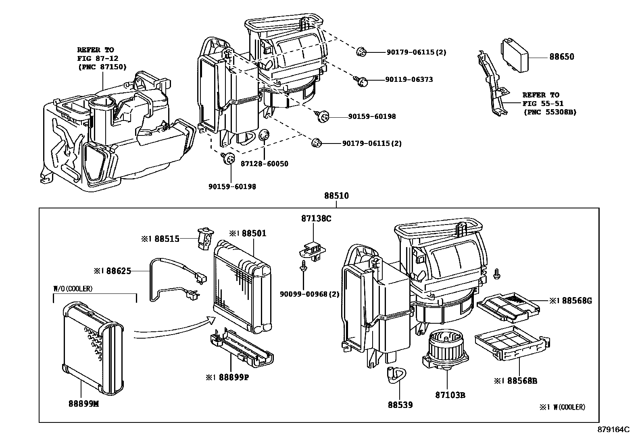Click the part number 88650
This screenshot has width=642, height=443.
561,57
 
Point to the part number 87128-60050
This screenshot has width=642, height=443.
264,164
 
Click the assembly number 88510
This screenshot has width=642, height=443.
336,196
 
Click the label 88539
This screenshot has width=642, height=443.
400,405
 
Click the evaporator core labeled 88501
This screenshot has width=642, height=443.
241,286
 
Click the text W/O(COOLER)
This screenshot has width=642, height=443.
73,289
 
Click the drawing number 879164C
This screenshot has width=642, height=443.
613,430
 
